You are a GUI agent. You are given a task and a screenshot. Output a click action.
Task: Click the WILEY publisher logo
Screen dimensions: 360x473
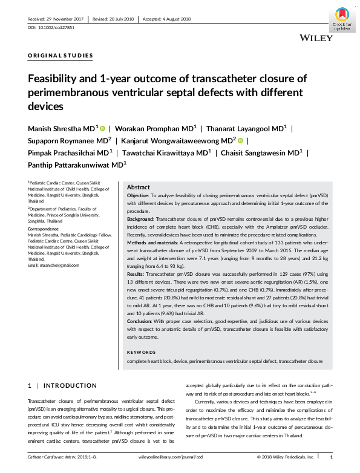(x=316, y=38)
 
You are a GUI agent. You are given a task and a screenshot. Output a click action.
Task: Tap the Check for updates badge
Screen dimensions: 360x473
(x=342, y=19)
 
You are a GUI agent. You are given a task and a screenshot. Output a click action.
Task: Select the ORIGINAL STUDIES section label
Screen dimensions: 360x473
(x=61, y=56)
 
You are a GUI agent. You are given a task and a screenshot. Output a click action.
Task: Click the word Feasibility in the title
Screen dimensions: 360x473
(x=56, y=78)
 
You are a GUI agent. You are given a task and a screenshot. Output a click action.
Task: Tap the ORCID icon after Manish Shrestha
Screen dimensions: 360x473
(x=102, y=128)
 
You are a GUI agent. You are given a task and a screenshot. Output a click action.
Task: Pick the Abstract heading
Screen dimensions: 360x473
(x=138, y=188)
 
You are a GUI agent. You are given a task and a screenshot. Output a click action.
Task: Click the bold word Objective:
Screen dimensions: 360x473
(x=140, y=197)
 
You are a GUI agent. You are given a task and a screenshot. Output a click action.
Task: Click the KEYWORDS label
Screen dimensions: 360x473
(x=142, y=351)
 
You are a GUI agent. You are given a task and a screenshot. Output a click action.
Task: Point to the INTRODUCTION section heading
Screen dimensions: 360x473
(x=70, y=385)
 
